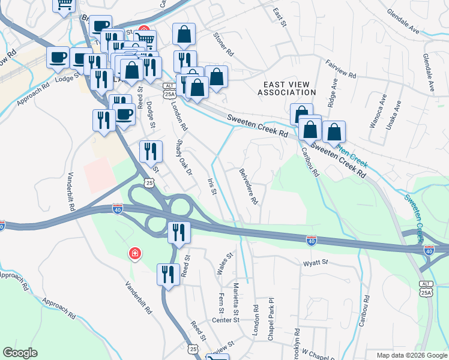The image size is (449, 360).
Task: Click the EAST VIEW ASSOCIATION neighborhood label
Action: (286, 88)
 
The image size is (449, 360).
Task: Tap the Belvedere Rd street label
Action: (249, 187)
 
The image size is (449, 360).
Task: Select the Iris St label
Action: (211, 185)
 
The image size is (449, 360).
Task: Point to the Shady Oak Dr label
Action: (184, 158)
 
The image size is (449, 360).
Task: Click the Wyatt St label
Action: (316, 262)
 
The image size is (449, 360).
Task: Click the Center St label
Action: (226, 320)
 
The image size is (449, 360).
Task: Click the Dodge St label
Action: (151, 115)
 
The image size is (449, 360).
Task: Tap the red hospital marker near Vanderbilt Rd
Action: (135, 254)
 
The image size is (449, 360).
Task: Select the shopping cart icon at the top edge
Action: (64, 5)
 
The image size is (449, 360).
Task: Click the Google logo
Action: (20, 353)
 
